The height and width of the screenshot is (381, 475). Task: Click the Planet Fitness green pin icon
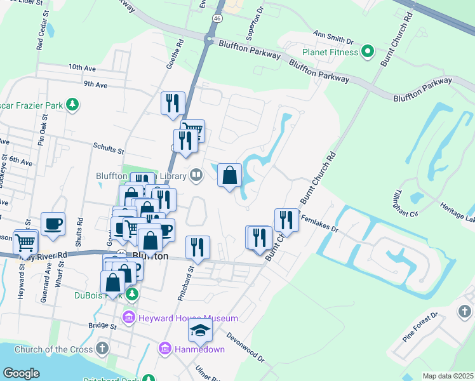point(367,51)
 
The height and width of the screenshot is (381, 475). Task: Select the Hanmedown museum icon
point(164,349)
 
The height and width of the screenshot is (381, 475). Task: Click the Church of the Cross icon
point(102,349)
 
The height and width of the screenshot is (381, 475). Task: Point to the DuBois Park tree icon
point(132,294)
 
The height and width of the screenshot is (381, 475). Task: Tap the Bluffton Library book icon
point(197,175)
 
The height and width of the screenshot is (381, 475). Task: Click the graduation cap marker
point(201,330)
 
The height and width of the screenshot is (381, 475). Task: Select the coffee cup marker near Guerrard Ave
point(53,224)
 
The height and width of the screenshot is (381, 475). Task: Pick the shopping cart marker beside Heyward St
point(25,241)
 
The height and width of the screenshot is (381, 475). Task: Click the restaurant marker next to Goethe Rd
point(172,103)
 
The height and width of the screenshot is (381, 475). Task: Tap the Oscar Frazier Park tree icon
point(73,104)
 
